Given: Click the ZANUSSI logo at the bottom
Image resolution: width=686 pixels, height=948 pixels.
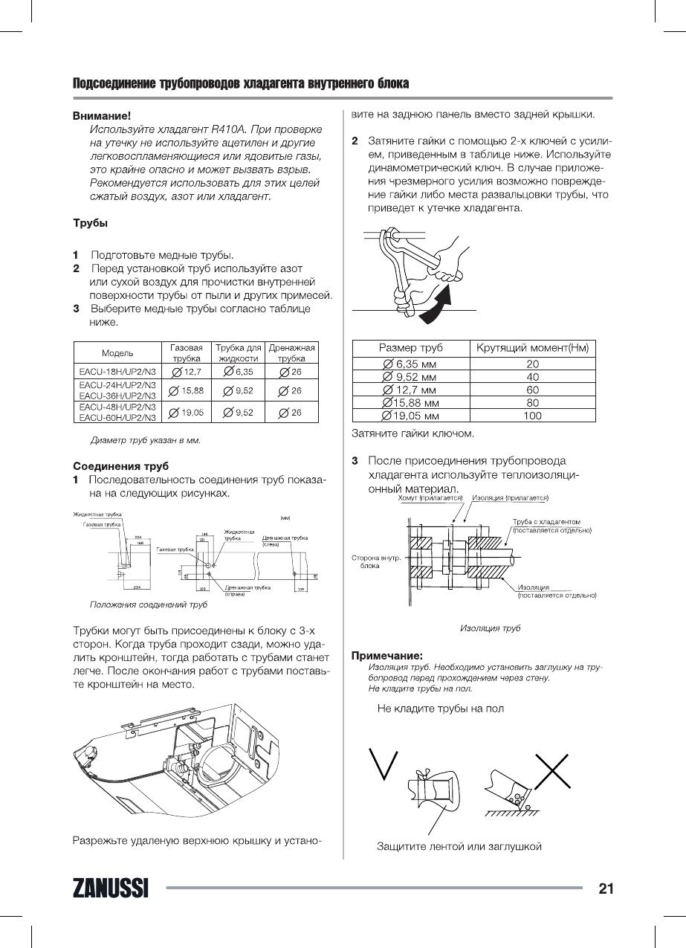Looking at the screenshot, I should tap(110, 889).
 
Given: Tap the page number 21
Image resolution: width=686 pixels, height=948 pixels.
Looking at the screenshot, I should tap(605, 888).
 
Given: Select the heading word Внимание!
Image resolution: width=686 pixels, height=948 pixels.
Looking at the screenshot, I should tap(102, 116).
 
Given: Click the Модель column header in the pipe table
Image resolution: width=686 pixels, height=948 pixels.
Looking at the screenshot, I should tap(117, 353).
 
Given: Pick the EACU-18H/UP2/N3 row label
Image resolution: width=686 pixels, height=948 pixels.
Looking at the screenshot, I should tap(117, 371).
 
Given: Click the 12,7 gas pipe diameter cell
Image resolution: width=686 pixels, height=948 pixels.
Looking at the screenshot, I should tap(187, 371).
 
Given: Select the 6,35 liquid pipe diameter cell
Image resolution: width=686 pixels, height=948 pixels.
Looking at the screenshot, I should tap(239, 371).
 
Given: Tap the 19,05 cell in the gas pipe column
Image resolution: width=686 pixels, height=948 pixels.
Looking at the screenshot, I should tap(187, 412).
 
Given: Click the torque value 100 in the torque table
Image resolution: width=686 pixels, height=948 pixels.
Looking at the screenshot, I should tap(532, 416).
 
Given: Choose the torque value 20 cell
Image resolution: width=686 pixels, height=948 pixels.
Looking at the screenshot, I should tap(532, 364).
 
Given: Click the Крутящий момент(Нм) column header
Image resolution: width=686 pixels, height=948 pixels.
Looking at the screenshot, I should tap(532, 348).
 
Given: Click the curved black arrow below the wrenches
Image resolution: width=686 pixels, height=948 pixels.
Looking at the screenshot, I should tap(436, 307).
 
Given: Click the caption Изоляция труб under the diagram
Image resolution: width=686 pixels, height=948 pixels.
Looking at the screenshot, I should tap(491, 628).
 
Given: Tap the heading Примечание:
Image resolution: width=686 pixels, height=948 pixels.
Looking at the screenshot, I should tap(386, 656).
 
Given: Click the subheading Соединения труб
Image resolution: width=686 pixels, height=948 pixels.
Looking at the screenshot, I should tap(115, 467).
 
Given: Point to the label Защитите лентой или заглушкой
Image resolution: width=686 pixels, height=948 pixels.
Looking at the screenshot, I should tap(459, 846).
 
